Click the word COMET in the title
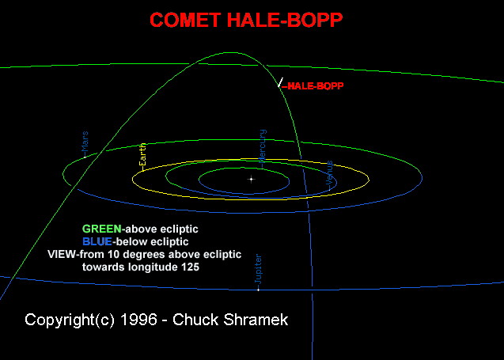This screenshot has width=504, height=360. [184, 20]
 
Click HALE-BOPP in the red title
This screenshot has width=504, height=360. [285, 20]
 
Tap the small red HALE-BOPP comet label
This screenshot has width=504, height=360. [315, 85]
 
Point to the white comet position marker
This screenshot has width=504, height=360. [280, 82]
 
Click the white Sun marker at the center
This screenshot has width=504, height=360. [252, 179]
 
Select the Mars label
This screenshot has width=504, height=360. [85, 142]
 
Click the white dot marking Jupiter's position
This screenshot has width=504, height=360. [258, 290]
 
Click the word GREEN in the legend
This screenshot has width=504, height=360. [102, 229]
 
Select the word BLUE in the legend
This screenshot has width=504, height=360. [97, 241]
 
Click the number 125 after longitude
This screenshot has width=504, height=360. [190, 267]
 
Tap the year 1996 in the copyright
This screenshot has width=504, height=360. [139, 320]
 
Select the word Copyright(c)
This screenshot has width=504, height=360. [70, 320]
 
